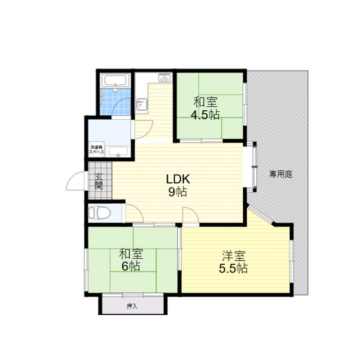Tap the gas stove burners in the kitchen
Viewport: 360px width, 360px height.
click(x=165, y=78)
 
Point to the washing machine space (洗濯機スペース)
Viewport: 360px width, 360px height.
click(x=96, y=150)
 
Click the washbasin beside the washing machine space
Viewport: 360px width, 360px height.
click(x=118, y=152)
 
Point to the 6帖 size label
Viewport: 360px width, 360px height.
click(x=130, y=267)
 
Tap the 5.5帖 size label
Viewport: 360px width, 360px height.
click(x=233, y=269)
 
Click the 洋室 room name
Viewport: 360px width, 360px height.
click(x=233, y=256)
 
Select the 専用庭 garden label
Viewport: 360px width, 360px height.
click(x=281, y=175)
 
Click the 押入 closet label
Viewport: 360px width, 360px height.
click(x=132, y=306)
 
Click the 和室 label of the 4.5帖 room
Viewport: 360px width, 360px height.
click(x=205, y=102)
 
